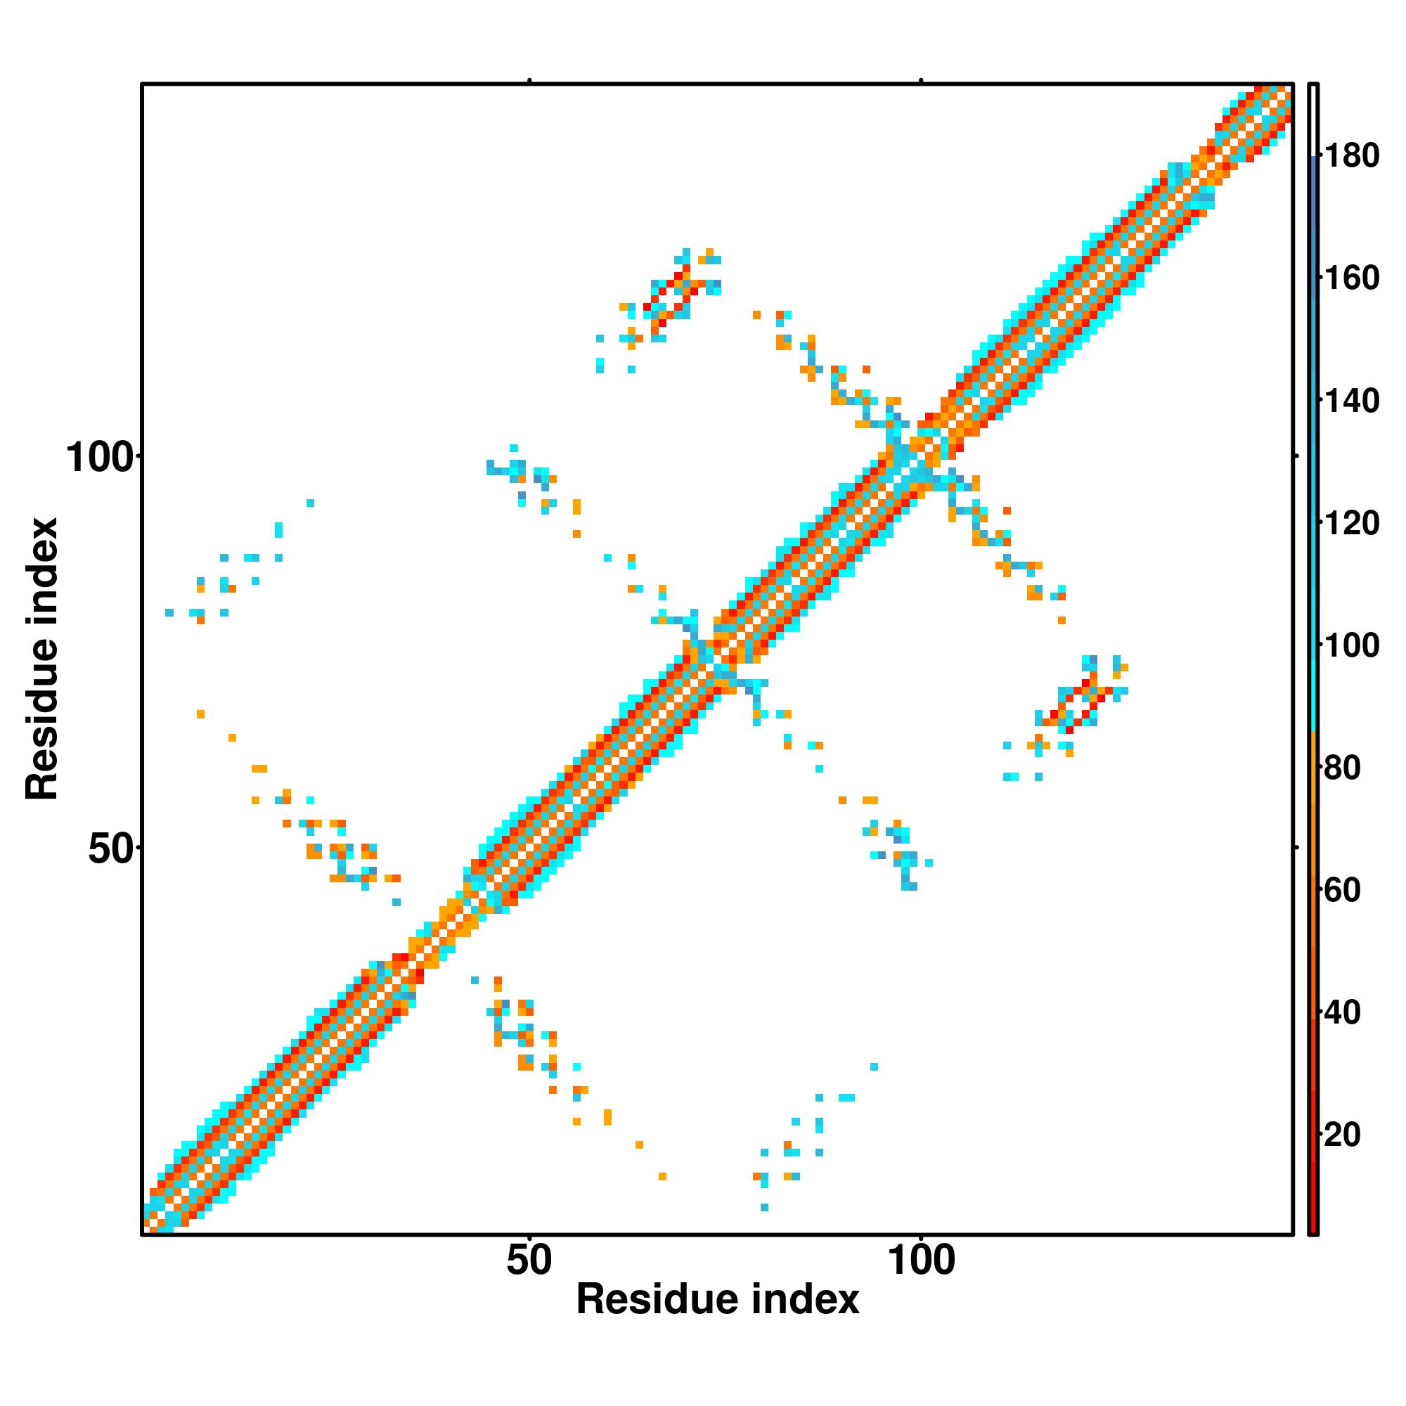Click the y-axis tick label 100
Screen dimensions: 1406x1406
click(x=101, y=458)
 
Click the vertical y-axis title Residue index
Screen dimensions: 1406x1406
click(x=42, y=659)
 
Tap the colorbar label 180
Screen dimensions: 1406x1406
click(x=1351, y=156)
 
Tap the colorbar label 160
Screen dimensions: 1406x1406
click(x=1351, y=278)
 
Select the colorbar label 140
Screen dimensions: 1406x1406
click(x=1351, y=400)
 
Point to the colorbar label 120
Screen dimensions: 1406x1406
click(x=1351, y=522)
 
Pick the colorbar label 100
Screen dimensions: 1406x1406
click(x=1351, y=645)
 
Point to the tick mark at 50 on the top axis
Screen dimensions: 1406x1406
click(x=530, y=81)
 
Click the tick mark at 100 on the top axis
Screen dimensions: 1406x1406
click(x=922, y=81)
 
